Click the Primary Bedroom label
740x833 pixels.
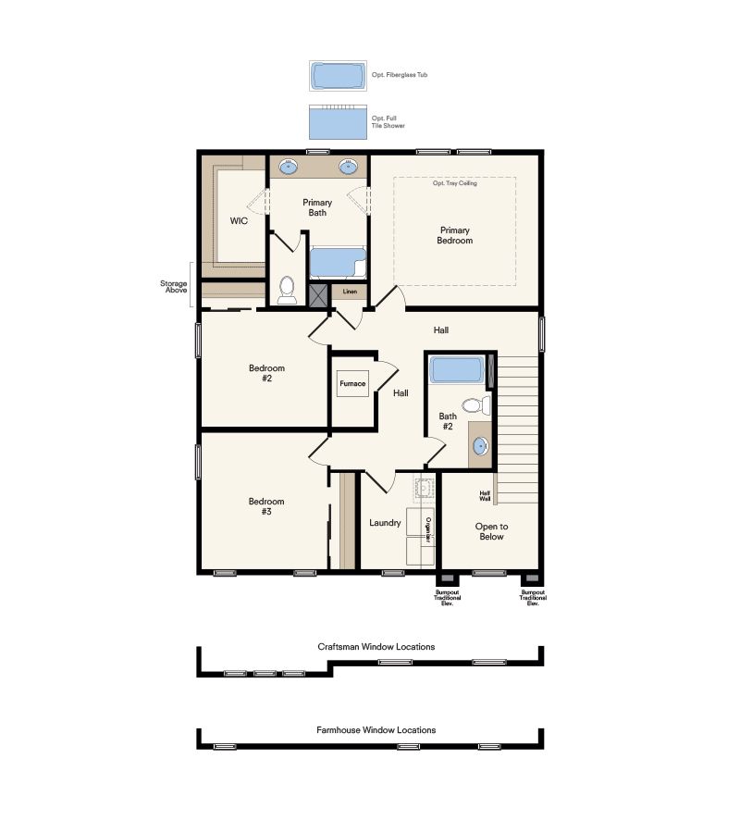[455, 235]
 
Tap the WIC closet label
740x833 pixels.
[238, 221]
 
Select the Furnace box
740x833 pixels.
[352, 383]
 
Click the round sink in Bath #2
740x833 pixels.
[480, 446]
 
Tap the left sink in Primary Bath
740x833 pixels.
[289, 168]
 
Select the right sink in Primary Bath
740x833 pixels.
[349, 168]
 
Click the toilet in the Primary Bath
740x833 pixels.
[287, 290]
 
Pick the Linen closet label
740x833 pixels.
[350, 292]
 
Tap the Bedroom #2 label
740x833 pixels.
[266, 373]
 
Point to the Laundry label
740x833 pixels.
[385, 523]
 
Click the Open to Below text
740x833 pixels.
[491, 531]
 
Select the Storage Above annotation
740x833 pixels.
[175, 287]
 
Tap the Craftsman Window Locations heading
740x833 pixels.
[376, 647]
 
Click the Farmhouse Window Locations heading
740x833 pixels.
[376, 730]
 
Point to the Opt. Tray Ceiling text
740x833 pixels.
[455, 183]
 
